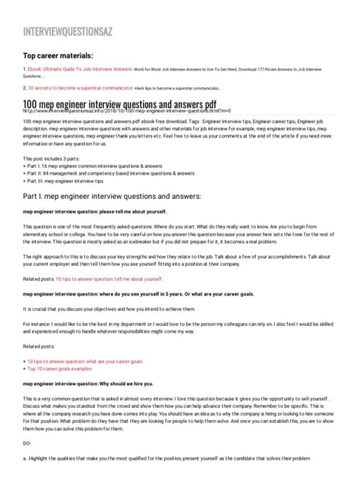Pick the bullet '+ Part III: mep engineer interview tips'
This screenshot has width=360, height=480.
coord(73,181)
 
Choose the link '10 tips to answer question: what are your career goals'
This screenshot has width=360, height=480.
coord(87,362)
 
